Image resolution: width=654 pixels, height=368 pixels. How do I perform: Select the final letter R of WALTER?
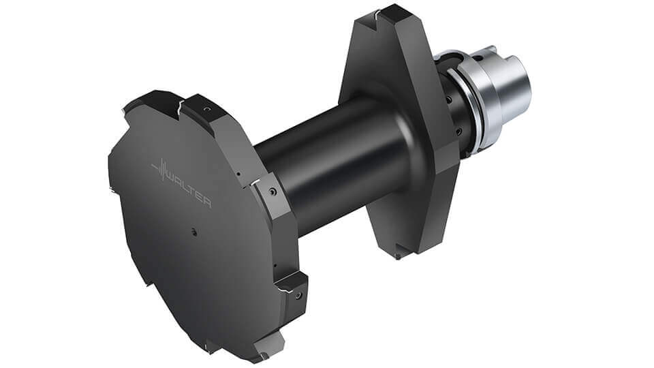click(x=206, y=202)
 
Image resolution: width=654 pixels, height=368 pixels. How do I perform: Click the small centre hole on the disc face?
click(x=193, y=232)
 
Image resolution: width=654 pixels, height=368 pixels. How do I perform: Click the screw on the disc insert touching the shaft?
click(x=270, y=193)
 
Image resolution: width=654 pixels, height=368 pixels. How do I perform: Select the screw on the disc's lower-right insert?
click(x=298, y=294)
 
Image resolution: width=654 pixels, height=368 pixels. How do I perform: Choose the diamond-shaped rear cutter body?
click(x=395, y=136)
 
